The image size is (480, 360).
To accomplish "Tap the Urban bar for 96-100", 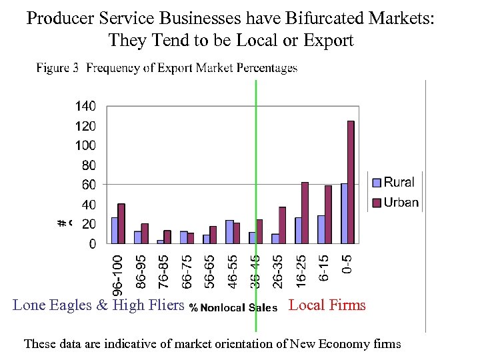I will pos(121,223).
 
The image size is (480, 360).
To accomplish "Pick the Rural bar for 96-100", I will pos(114,230).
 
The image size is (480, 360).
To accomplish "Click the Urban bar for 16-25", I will pos(305,213).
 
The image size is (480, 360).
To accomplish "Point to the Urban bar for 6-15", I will pos(327,214).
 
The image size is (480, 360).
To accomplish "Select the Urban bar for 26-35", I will pos(281,225).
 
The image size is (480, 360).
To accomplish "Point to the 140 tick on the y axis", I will pos(85,106).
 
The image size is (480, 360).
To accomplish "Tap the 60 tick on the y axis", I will pos(88,185).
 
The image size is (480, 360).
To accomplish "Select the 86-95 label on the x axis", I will pos(140,271).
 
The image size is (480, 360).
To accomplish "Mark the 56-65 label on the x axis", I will pos(209,271).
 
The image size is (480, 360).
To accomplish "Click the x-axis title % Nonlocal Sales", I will pos(233,307).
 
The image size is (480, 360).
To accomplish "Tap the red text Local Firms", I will pos(327,305).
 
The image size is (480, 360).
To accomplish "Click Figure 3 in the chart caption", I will pos(58,68).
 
